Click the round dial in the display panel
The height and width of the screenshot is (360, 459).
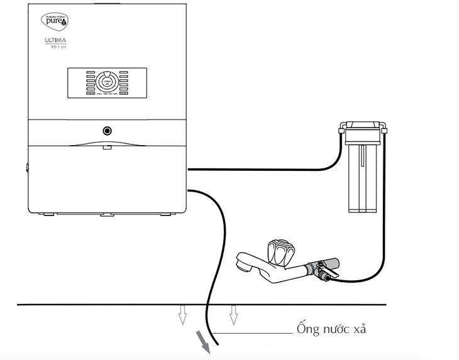[106, 82]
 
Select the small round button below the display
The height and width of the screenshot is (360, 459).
[108, 131]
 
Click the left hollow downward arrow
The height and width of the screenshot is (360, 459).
[182, 314]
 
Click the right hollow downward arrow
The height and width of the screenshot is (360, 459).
[233, 314]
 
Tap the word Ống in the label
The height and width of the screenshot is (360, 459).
[307, 329]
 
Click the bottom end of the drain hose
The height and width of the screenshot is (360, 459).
[217, 345]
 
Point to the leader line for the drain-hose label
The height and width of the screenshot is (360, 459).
[252, 332]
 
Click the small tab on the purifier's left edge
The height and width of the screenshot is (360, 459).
[27, 168]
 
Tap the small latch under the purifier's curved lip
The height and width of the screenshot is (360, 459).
[108, 148]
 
